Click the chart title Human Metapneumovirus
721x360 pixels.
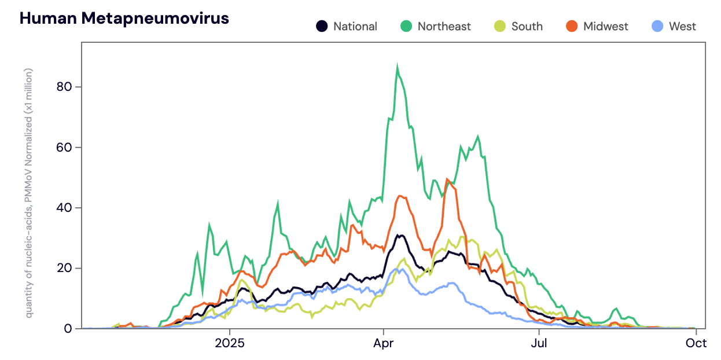(124, 19)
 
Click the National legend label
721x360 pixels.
(355, 27)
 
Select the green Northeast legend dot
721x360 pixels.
(406, 26)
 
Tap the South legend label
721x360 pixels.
(527, 27)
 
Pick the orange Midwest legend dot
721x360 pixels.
(572, 26)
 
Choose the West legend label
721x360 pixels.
(682, 27)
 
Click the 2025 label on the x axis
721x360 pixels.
(230, 343)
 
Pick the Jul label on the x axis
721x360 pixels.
(539, 343)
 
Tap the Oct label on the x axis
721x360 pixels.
(696, 343)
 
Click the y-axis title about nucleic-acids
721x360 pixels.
(28, 193)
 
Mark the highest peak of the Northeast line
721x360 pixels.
(397, 67)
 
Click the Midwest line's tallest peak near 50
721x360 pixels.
(447, 179)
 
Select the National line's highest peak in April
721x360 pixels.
(399, 235)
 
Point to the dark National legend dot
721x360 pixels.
(322, 26)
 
